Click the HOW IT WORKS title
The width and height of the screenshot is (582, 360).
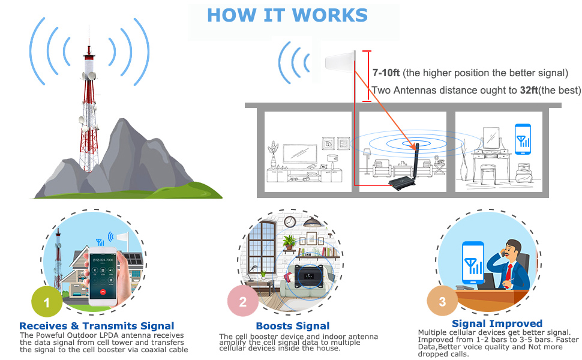(x=287, y=14)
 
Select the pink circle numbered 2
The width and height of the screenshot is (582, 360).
(x=242, y=302)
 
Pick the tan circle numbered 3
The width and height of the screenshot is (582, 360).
(x=442, y=302)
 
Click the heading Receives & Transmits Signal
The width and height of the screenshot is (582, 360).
(x=97, y=326)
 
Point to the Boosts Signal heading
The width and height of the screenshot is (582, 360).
(x=293, y=326)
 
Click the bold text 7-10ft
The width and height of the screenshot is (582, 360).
(x=386, y=73)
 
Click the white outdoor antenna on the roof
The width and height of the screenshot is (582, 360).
(x=340, y=62)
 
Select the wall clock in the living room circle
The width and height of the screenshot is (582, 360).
(x=289, y=222)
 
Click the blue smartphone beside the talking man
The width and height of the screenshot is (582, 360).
(x=473, y=262)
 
